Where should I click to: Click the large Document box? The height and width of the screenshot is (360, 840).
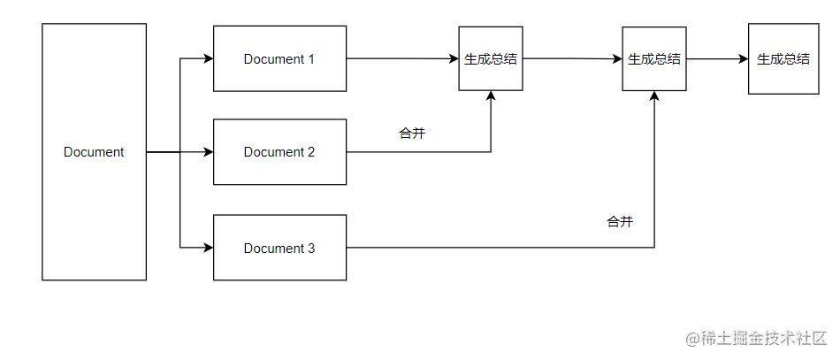coord(94,151)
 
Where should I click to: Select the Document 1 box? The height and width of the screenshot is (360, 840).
coord(279,58)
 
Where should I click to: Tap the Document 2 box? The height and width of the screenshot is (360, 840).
coord(279,151)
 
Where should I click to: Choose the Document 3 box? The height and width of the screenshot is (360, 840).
coord(279,248)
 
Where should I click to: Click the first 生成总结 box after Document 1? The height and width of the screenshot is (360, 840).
coord(491,58)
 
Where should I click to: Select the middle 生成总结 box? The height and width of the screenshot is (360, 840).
coord(654,58)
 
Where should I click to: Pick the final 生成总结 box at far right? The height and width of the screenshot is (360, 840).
coord(783,58)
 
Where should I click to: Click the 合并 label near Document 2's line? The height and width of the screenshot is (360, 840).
coord(413,134)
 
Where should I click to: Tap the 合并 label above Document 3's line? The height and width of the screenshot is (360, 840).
coord(620,221)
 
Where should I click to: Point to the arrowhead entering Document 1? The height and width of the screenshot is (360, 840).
coord(209,59)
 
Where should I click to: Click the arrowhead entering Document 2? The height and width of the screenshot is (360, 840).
coord(209,152)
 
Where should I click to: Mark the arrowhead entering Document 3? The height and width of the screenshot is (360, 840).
coord(209,249)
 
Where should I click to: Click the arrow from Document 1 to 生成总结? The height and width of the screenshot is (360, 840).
coord(402,59)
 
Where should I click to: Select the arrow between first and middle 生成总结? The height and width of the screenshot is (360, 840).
coord(572,59)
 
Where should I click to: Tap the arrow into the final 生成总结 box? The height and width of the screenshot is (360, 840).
coord(717,59)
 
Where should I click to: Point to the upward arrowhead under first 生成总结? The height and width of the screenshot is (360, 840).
coord(491,96)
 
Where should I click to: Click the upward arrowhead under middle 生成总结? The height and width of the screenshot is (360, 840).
coord(654,96)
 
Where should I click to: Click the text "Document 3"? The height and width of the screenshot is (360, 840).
coord(279,249)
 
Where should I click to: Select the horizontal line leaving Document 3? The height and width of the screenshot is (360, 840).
coord(495,248)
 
